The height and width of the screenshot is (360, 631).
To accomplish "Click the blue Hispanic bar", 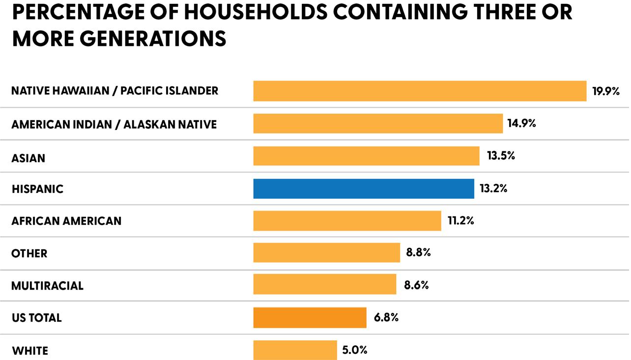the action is coord(364,188).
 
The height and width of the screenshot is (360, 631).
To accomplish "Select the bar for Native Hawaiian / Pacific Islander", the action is coord(420,91).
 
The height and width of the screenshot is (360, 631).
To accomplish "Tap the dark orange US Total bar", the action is coord(310,318).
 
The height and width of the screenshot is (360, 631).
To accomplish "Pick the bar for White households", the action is coord(295,350).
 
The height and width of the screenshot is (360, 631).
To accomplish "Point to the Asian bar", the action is coord(367,156).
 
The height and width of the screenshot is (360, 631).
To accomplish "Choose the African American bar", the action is coord(347,221).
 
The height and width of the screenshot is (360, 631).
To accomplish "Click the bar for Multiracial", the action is coord(325,284).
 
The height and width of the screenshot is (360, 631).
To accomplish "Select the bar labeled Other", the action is coord(327,253).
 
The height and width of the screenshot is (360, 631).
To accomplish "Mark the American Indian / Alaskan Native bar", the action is coord(378,123).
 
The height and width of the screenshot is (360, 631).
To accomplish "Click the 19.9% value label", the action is coord(606,91).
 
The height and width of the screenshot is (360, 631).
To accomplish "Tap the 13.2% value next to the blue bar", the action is coord(493,188).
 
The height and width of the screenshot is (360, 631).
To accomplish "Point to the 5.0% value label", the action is coord(355,350).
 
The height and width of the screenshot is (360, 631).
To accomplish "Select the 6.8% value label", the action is coord(386,318).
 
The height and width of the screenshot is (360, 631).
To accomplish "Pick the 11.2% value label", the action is coord(461,220).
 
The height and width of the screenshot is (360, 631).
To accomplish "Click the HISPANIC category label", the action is coord(37,189).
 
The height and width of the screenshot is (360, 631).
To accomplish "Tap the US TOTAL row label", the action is coord(37,318).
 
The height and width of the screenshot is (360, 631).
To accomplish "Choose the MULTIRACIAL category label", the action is coord(47,286).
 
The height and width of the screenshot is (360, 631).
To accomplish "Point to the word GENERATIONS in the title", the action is coord(153,38).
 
